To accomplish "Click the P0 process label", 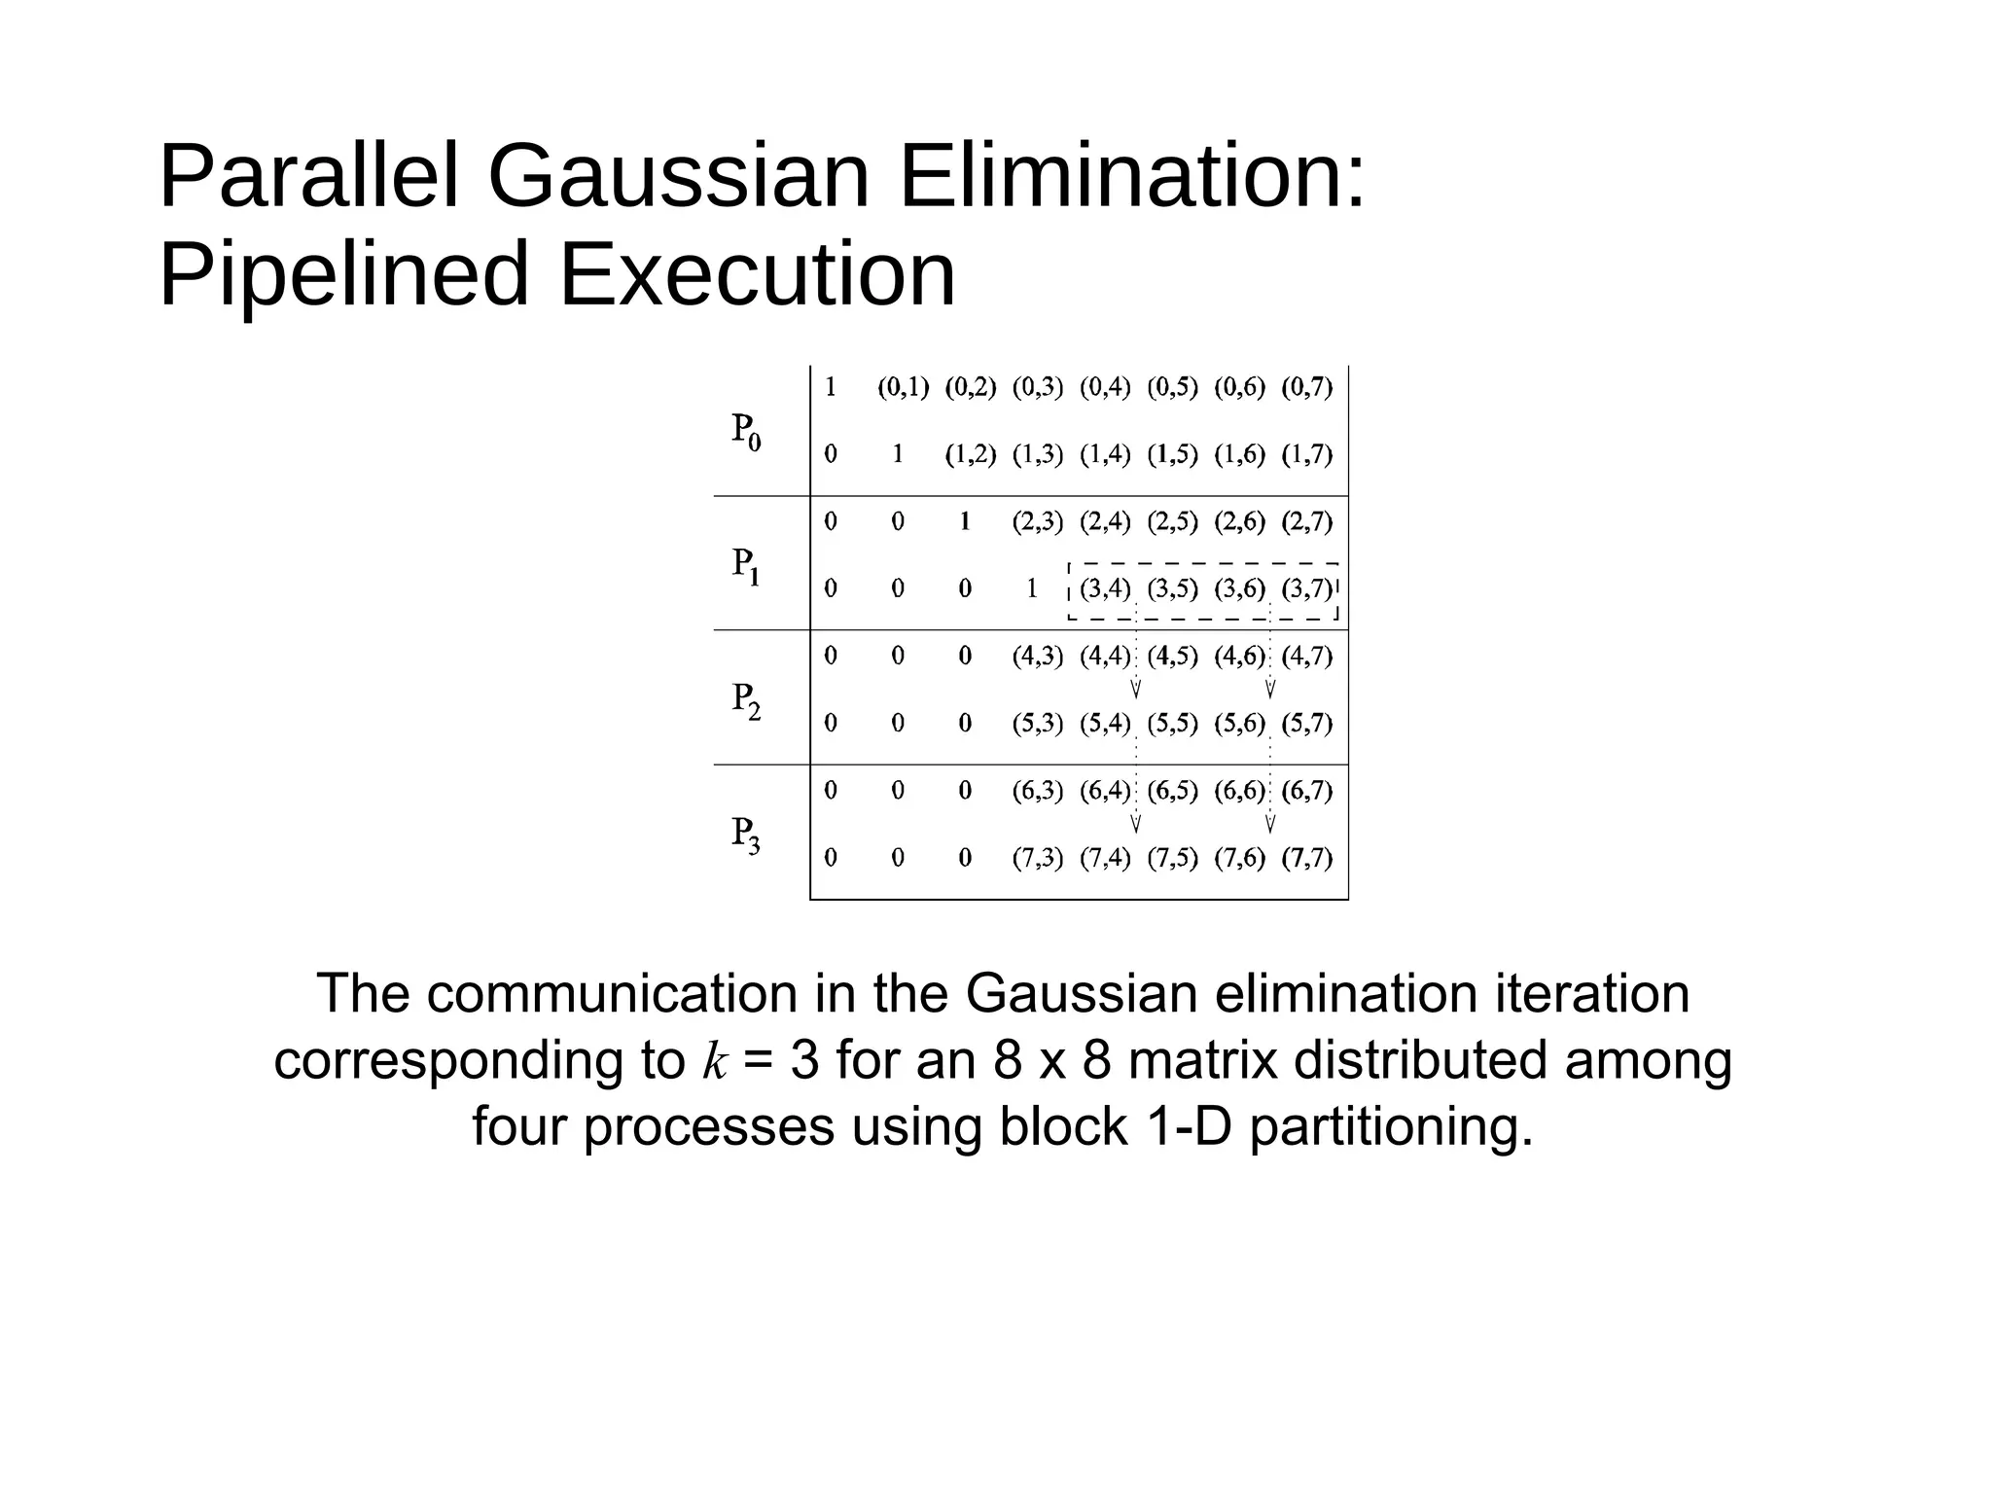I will point(746,431).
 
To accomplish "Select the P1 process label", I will point(746,565).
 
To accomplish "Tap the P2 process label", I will point(746,700).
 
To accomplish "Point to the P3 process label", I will point(746,835).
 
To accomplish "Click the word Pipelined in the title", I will point(344,275).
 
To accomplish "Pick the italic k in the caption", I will point(714,1061).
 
